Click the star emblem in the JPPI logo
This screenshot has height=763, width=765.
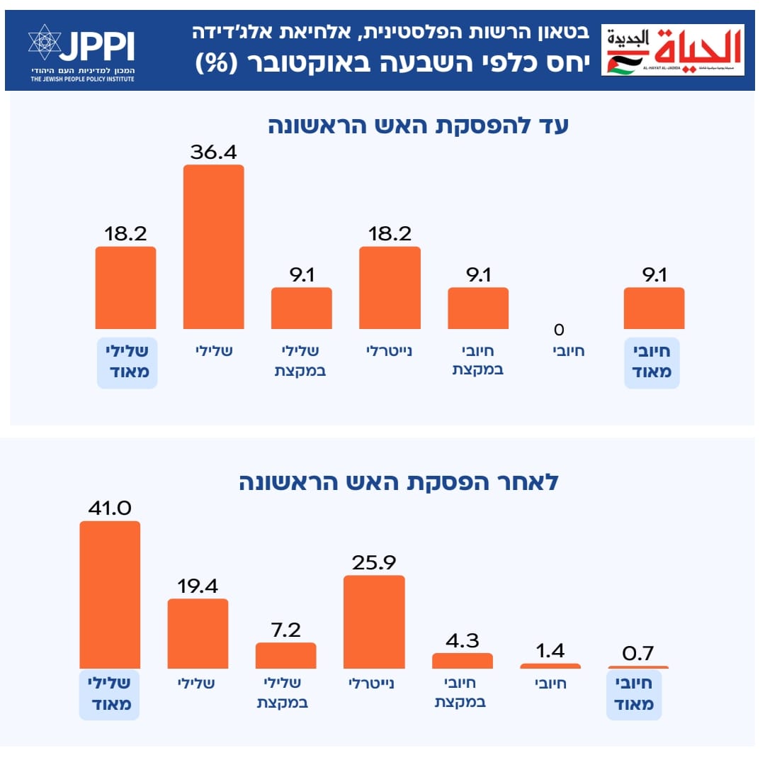tap(45, 42)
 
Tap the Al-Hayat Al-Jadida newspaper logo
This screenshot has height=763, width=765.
tap(672, 50)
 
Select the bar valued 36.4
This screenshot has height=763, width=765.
tap(213, 247)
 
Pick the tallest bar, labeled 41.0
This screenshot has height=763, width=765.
tap(110, 595)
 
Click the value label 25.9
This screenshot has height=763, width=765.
tap(373, 562)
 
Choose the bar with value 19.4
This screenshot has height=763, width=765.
tap(198, 633)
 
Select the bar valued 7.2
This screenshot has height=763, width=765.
tap(285, 655)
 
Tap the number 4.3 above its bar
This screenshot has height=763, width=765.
tap(462, 640)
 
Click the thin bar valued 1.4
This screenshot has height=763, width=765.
tap(550, 666)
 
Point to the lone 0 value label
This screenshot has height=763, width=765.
tap(559, 329)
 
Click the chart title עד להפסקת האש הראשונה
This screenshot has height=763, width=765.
tap(418, 126)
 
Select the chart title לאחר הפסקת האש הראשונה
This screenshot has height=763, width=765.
tap(398, 482)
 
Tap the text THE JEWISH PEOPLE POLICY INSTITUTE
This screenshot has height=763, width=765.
tap(82, 78)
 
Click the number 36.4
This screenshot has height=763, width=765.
tap(213, 152)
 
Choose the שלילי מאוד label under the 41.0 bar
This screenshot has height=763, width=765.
tap(109, 694)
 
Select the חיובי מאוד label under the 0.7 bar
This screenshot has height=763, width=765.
tap(634, 694)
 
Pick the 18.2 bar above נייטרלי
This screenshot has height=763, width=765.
tap(390, 287)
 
